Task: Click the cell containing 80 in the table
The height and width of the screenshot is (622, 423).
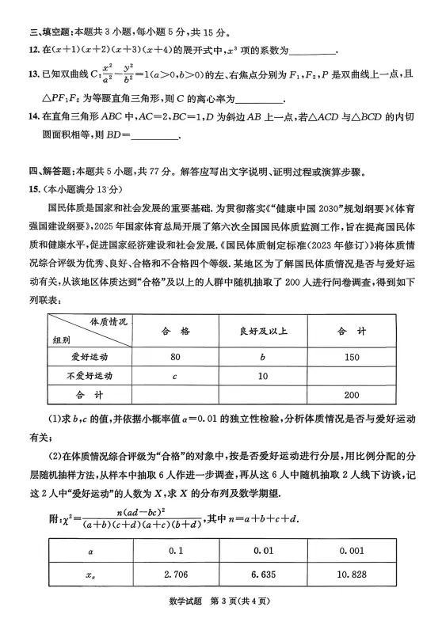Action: click(x=175, y=356)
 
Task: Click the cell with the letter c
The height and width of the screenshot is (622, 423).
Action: click(x=175, y=375)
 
